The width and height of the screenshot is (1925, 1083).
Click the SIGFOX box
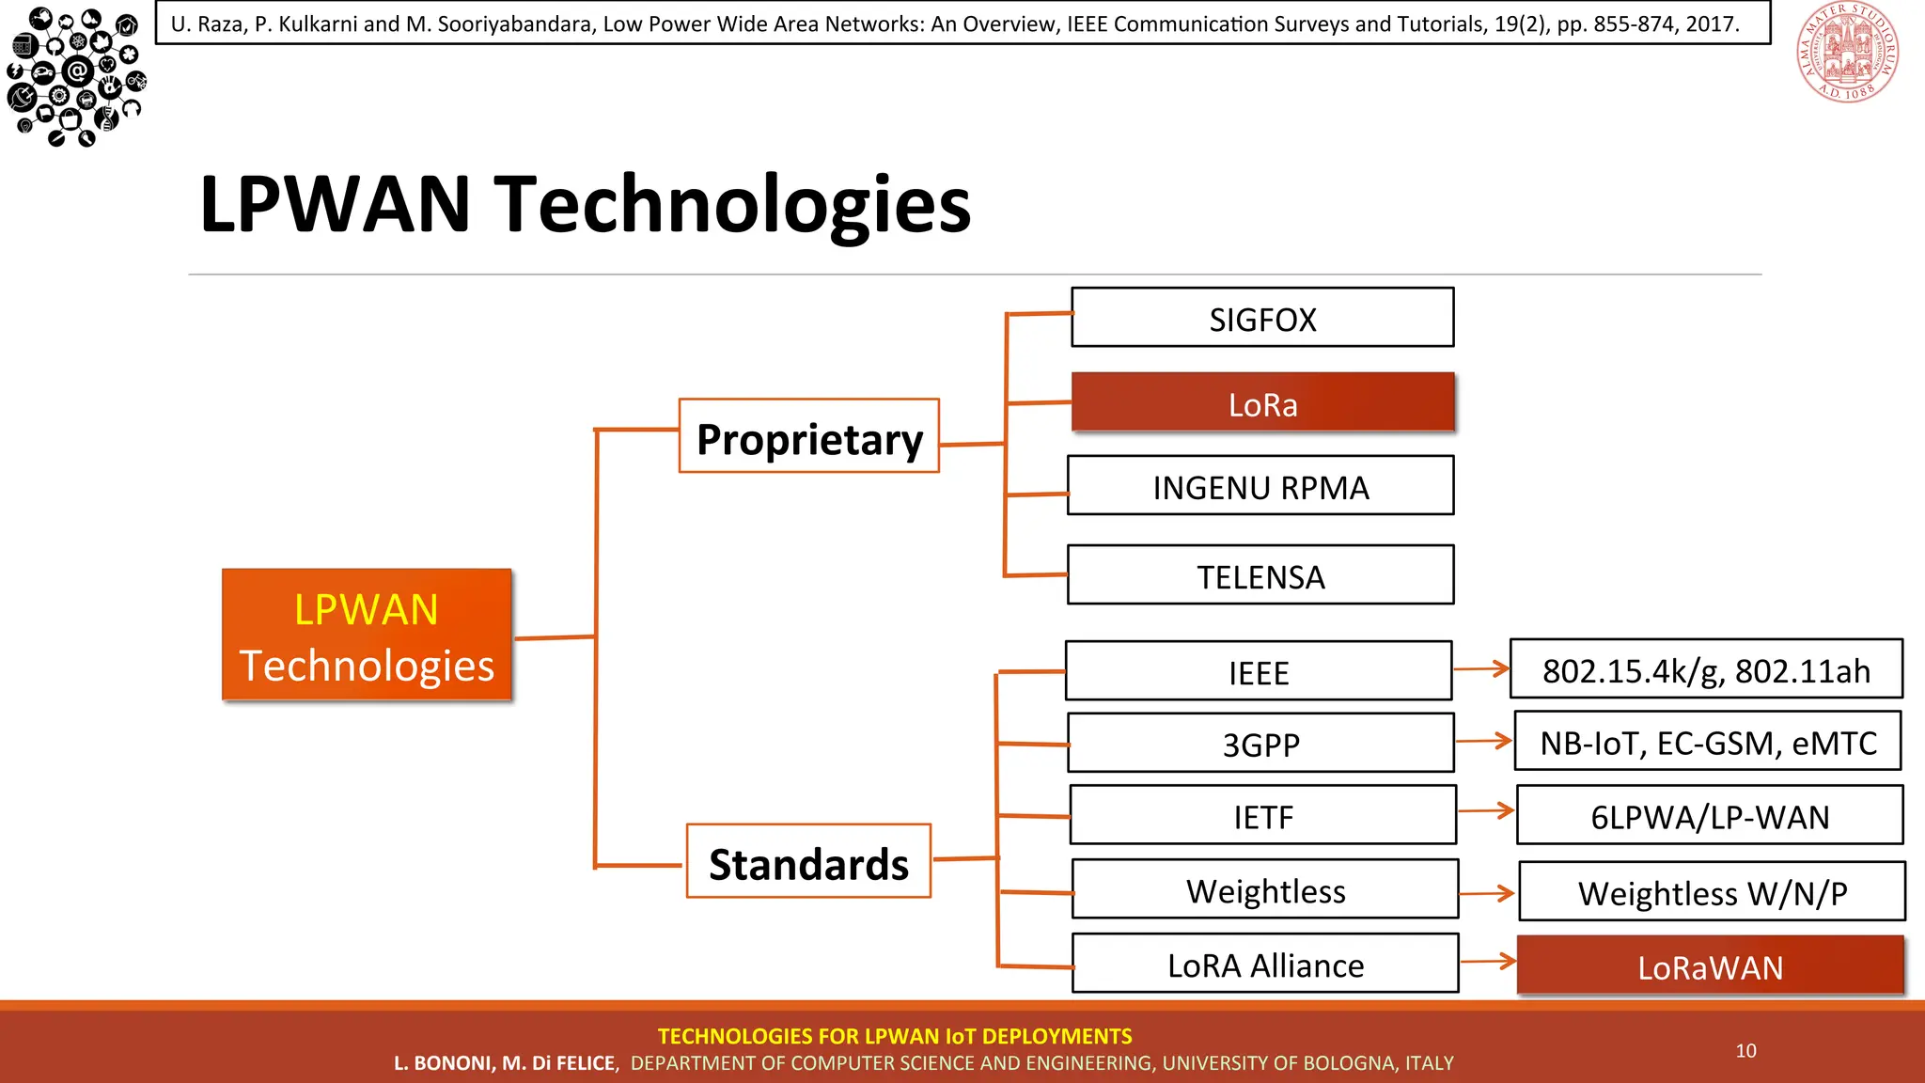(1262, 318)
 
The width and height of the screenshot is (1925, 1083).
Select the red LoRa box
(1262, 402)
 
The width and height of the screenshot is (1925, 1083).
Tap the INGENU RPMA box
(1260, 486)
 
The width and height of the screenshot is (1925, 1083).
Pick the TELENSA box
(1260, 574)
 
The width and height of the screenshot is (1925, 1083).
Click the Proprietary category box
(808, 436)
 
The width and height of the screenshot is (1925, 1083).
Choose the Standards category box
(808, 861)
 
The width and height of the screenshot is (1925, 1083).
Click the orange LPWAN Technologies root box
(367, 635)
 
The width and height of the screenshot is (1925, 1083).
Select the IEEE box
(1259, 671)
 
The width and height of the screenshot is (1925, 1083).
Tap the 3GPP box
(1260, 743)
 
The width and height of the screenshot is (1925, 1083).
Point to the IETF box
(1263, 815)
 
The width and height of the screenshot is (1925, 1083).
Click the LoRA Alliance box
(1265, 964)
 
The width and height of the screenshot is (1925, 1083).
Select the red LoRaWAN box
(1710, 965)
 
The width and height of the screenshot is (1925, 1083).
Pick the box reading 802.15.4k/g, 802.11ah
(1706, 669)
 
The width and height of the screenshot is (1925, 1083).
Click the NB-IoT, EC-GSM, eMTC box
(1708, 742)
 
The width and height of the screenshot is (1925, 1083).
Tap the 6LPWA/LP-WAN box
(1710, 815)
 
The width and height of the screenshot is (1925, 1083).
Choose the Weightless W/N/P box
(1712, 891)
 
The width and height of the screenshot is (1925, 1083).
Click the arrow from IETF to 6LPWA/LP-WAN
(1487, 810)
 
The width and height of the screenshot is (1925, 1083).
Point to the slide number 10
(1745, 1050)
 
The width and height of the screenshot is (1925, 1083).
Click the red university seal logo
(1847, 53)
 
